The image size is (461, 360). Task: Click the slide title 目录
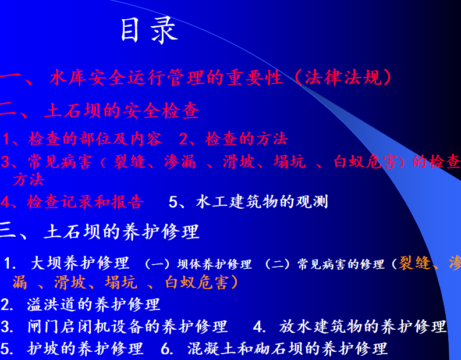(150, 30)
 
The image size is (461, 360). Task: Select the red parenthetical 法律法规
(343, 77)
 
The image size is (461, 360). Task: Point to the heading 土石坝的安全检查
(122, 111)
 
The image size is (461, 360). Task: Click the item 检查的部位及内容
(95, 139)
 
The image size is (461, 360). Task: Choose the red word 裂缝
(130, 162)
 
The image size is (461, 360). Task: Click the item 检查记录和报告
(84, 202)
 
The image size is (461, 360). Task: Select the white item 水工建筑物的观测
(262, 202)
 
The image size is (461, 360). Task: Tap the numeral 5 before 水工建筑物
(173, 202)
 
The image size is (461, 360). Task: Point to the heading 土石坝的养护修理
(122, 231)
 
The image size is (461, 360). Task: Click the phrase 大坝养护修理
(80, 263)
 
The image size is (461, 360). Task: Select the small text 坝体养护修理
(214, 264)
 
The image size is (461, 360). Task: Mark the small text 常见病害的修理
(341, 264)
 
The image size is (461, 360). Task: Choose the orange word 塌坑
(121, 283)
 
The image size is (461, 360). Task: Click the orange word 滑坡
(70, 283)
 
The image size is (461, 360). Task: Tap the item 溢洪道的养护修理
(94, 304)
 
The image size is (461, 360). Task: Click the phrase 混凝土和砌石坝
(246, 348)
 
